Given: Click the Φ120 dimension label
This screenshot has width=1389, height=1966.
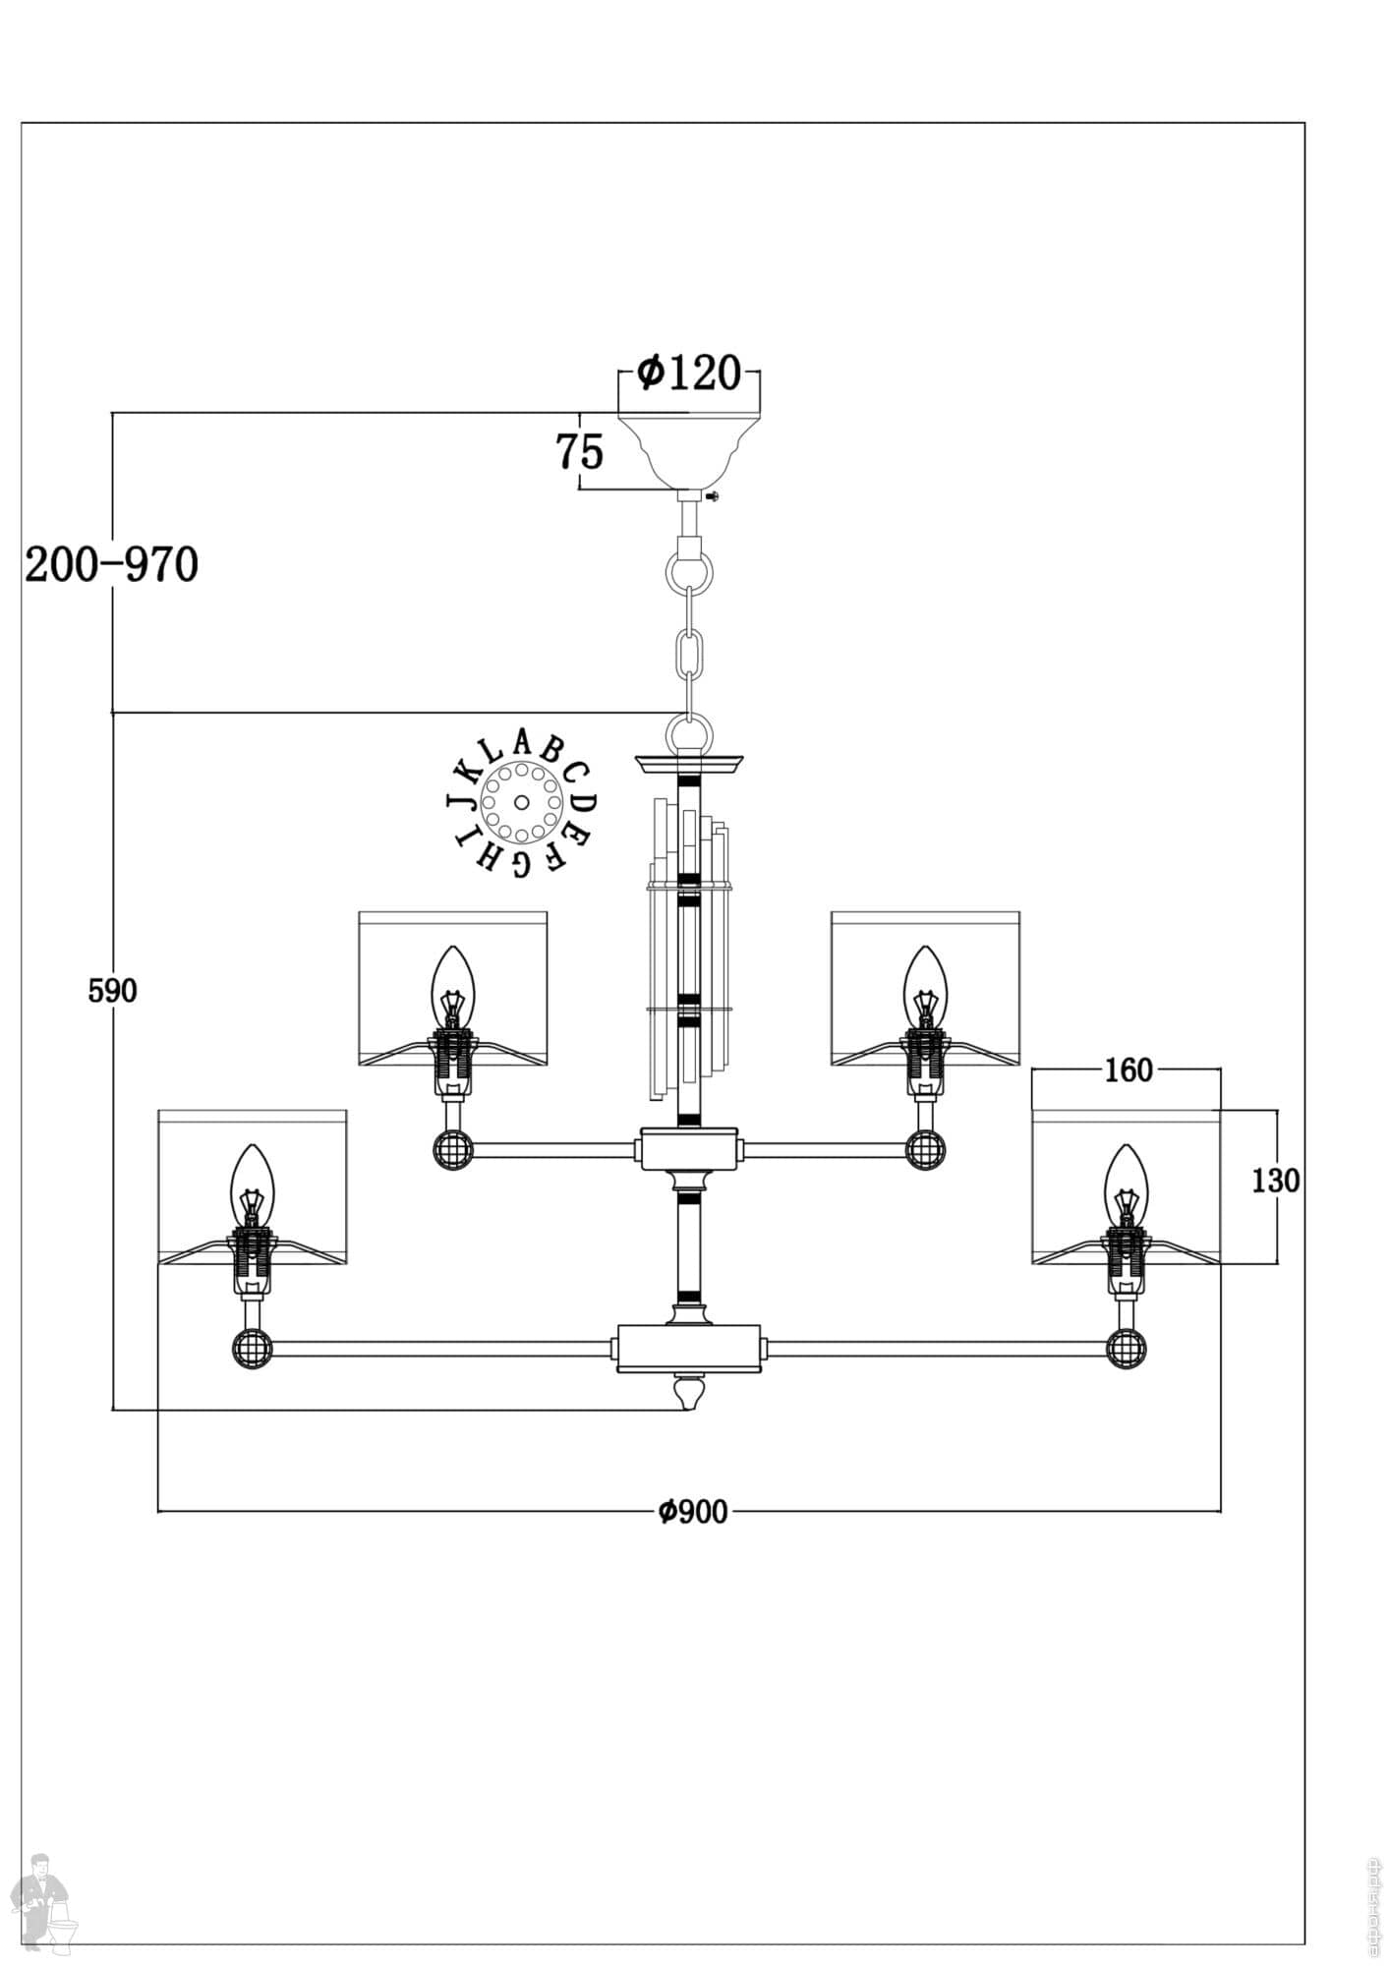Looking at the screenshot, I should pos(688,374).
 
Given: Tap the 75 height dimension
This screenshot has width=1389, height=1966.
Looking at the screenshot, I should pos(580,452).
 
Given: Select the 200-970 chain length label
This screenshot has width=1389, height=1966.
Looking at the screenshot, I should pos(111,565).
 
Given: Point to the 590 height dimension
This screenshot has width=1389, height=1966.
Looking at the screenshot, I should pos(112,991).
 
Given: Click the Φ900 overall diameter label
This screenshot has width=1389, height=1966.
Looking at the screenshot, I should pos(693,1511).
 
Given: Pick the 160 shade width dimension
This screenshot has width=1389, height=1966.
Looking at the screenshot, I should pos(1128,1070).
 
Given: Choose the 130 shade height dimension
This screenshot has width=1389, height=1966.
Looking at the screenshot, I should pos(1275,1180).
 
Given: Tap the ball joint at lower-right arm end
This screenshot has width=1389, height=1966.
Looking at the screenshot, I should pos(1127,1349).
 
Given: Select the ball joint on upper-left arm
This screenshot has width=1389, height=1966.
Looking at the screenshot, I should pos(453,1148).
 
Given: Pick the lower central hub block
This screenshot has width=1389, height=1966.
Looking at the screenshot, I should pos(689,1347).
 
